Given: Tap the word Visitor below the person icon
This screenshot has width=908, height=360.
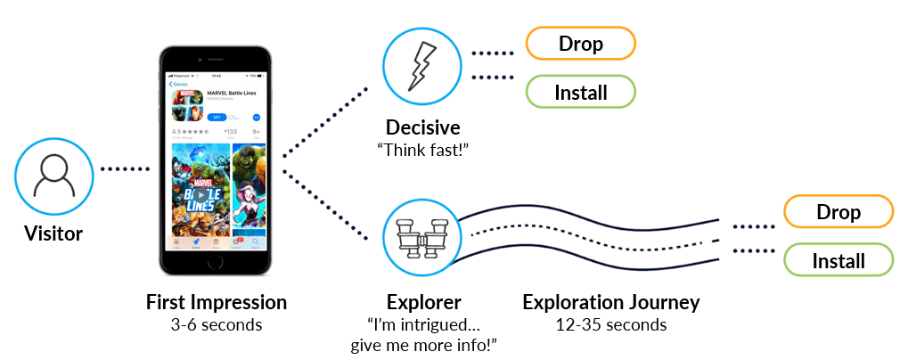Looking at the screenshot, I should coord(53,234).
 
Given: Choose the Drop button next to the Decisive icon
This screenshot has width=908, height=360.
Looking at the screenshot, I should coord(580,43).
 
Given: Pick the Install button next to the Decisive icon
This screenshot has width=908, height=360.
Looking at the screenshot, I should coord(580,92).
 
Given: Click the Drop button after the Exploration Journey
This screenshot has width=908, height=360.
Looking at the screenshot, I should coord(838,212).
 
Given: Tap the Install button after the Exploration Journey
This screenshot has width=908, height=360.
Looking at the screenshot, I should coord(838,260).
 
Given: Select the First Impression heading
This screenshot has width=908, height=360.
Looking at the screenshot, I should coord(217,303).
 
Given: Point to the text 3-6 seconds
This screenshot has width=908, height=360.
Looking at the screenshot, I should coord(217,325).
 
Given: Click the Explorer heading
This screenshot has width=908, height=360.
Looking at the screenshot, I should coord(424,302).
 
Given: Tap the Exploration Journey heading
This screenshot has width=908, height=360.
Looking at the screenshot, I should coord(611,302).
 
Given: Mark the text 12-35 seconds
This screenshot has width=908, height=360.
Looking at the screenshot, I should coord(611,324).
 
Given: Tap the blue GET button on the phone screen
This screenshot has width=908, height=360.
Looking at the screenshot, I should coord(215,117).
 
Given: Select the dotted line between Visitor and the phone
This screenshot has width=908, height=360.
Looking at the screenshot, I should coord(126,168).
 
